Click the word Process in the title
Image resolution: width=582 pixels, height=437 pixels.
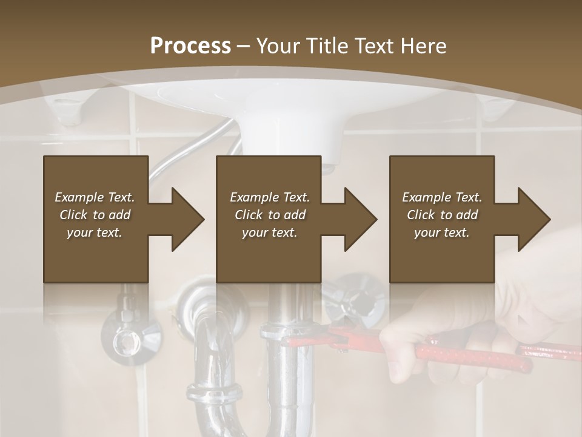190,46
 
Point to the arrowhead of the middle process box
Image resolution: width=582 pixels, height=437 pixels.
360,219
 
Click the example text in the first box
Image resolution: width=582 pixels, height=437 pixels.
95,215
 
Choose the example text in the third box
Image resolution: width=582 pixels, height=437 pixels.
442,215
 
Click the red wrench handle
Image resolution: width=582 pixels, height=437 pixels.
473,355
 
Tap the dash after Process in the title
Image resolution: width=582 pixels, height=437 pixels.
244,46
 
